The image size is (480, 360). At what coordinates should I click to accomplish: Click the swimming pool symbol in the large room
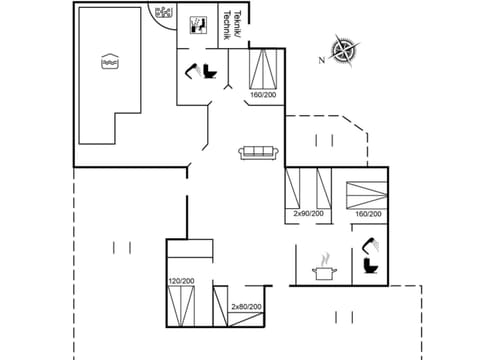pyautogui.click(x=110, y=62)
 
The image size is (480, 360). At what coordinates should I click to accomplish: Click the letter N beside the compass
pyautogui.click(x=322, y=60)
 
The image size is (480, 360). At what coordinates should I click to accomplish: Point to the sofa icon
pyautogui.click(x=259, y=152)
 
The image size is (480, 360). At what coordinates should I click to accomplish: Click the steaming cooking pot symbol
pyautogui.click(x=324, y=269)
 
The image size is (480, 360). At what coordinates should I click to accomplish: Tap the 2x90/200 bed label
pyautogui.click(x=308, y=213)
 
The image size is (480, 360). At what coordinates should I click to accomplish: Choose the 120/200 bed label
pyautogui.click(x=181, y=282)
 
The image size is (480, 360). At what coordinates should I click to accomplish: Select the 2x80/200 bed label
pyautogui.click(x=246, y=306)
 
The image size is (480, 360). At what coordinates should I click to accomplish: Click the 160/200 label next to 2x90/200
pyautogui.click(x=367, y=213)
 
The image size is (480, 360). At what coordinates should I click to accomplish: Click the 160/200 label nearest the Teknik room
pyautogui.click(x=263, y=96)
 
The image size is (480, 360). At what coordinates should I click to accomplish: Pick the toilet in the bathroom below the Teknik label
pyautogui.click(x=209, y=71)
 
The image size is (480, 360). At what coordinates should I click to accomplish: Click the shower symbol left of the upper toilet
pyautogui.click(x=190, y=69)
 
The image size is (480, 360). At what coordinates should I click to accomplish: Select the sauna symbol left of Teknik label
pyautogui.click(x=198, y=23)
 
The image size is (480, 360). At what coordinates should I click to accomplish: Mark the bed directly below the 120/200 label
pyautogui.click(x=181, y=307)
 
